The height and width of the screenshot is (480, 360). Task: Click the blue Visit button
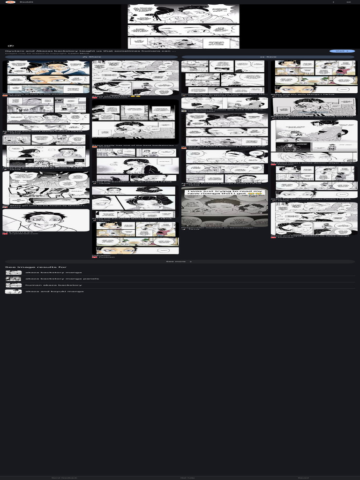tap(342, 51)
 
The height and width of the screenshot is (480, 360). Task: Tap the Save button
tap(269, 57)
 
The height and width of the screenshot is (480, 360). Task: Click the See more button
tap(180, 262)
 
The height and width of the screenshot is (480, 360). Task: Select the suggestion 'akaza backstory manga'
tap(53, 272)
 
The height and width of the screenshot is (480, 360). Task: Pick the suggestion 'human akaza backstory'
tap(53, 285)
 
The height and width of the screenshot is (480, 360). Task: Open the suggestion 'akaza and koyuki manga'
tap(54, 292)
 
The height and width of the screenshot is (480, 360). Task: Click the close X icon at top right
tap(349, 2)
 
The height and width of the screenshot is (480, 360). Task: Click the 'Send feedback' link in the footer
tap(64, 477)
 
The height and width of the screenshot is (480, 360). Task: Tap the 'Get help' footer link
tap(187, 477)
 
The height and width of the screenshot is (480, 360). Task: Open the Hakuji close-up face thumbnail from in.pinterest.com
tap(45, 220)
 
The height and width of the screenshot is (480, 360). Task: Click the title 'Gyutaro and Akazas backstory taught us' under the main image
tap(89, 51)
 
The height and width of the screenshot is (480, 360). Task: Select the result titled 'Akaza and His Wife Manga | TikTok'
tap(302, 95)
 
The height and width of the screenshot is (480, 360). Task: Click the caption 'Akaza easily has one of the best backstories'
tap(135, 146)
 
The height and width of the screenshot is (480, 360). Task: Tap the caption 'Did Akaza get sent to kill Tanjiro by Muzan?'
tap(45, 205)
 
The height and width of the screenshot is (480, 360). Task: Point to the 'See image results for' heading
tap(36, 267)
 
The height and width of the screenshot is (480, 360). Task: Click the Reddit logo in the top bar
tap(10, 2)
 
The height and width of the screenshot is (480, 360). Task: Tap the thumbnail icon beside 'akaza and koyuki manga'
tap(13, 292)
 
